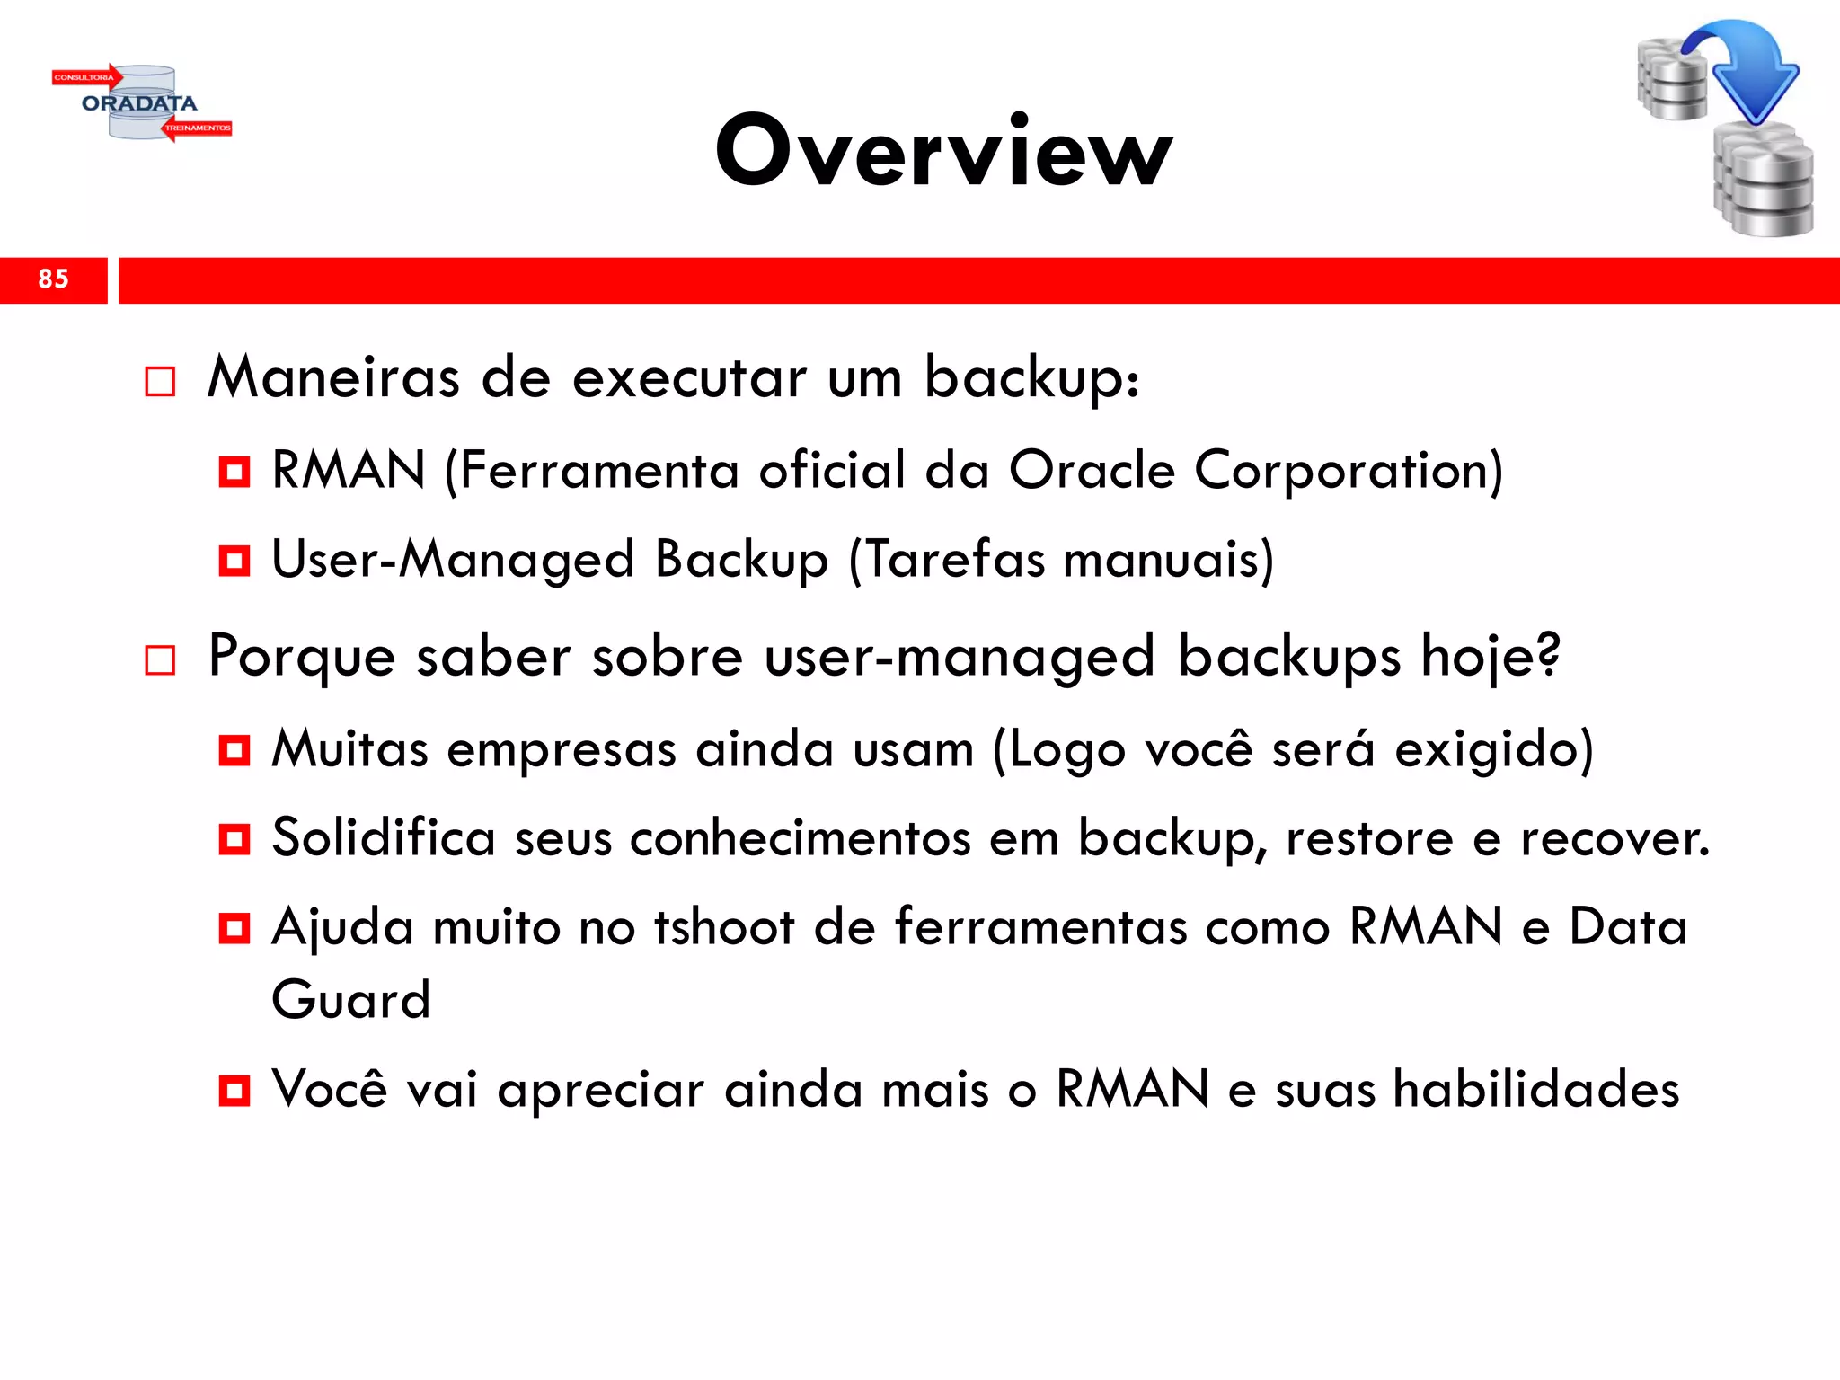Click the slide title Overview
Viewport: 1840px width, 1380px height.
943,151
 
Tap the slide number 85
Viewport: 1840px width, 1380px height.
53,279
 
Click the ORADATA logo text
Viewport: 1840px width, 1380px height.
139,103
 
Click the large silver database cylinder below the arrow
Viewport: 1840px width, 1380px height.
1763,184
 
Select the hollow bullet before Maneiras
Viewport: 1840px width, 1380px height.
160,382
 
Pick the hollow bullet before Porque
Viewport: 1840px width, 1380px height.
160,661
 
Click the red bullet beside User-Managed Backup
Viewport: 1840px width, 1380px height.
234,561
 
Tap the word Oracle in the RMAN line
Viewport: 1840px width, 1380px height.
1092,470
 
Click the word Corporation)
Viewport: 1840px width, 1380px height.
1348,470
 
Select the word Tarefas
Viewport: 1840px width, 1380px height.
946,560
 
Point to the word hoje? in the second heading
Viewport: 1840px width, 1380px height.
1491,657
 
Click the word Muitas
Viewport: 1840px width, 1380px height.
349,748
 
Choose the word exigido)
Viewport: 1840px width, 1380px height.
1493,750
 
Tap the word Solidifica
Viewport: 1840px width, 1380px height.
383,838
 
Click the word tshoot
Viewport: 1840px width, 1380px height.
723,927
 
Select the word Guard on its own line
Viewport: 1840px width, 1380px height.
351,1000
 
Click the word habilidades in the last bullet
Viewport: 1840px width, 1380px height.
1535,1090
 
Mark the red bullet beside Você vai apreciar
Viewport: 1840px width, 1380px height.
234,1091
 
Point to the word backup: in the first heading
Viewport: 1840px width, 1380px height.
1032,378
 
